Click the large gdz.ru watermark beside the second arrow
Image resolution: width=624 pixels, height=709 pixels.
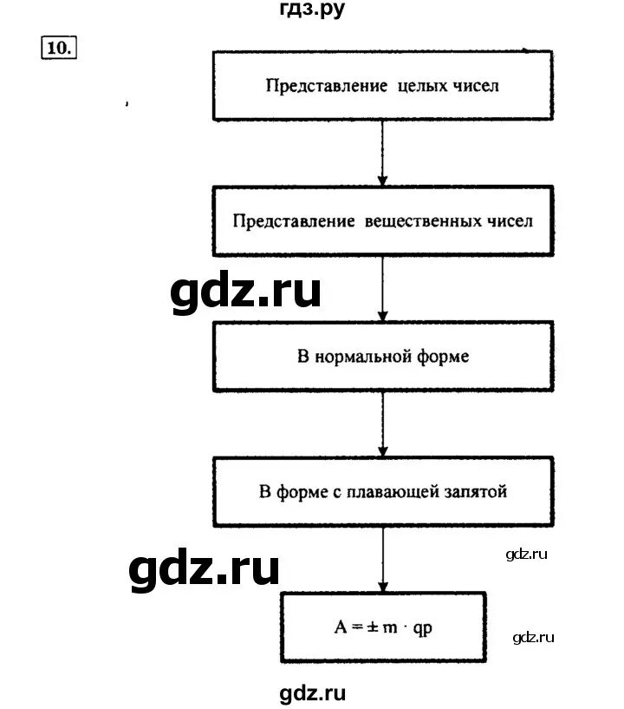coord(245,293)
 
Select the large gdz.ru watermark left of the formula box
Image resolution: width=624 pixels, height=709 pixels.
coord(205,570)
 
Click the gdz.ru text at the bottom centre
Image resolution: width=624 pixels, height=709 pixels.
coord(313,693)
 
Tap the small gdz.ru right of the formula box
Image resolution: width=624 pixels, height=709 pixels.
coord(533,639)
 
